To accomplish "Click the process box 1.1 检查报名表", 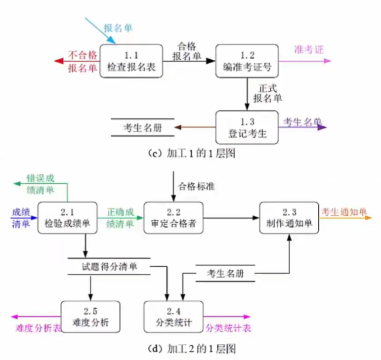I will (x=131, y=61).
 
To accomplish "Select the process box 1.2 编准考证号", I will (x=247, y=61).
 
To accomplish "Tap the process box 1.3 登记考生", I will (x=247, y=127).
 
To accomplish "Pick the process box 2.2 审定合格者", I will (x=173, y=218).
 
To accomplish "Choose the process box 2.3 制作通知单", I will (x=289, y=218).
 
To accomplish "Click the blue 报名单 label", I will (x=118, y=27).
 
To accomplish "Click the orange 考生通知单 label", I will (x=344, y=212).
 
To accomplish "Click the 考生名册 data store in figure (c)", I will (x=142, y=127).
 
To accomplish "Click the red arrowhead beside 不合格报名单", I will (x=58, y=61).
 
